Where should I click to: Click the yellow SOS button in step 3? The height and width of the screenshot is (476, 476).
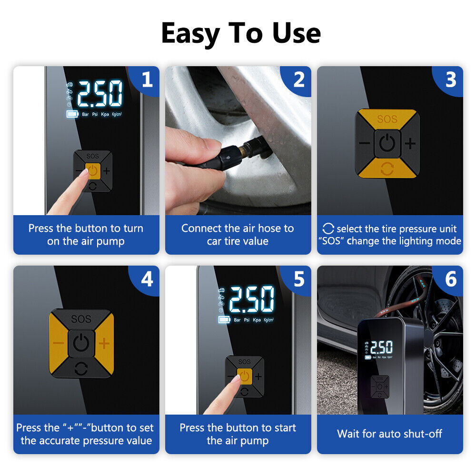pos(387,119)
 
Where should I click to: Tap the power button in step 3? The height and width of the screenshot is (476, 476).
pos(387,143)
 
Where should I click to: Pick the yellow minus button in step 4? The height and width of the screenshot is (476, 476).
pos(58,344)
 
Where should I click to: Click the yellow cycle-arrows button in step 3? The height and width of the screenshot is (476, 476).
pos(387,168)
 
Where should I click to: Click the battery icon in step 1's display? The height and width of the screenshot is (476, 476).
pos(72,114)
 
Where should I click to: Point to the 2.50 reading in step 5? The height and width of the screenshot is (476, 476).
pos(252,299)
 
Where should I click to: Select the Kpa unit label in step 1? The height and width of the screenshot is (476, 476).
pos(105,114)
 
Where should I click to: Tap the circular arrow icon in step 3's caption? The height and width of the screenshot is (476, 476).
pos(328,228)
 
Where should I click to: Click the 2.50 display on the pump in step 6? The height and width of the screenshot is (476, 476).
pos(381,347)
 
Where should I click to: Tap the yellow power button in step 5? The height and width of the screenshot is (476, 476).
pos(244,377)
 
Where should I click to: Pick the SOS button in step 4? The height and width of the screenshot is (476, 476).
pos(81,318)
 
